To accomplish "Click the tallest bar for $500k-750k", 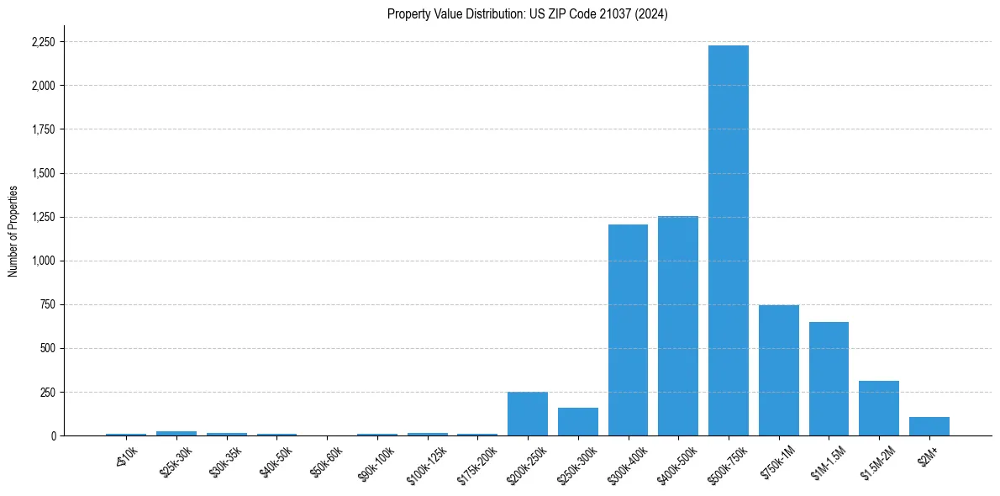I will coord(728,240).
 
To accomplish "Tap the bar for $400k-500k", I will coord(678,326).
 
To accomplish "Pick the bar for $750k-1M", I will coord(778,370).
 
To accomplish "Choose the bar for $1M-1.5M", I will coord(829,378).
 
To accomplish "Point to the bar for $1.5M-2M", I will coord(879,409).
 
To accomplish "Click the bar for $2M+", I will coord(929,426).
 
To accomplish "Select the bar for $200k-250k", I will coord(528,414).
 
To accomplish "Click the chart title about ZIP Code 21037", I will coord(527,14).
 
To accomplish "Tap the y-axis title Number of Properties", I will coord(13,230).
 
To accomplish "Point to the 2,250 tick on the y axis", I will coord(44,42).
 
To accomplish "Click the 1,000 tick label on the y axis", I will coord(44,261).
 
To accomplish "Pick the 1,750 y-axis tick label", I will coord(44,129).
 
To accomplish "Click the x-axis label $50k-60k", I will coord(328,460).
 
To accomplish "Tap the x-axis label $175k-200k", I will coord(476,462).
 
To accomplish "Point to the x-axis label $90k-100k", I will coord(376,462).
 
